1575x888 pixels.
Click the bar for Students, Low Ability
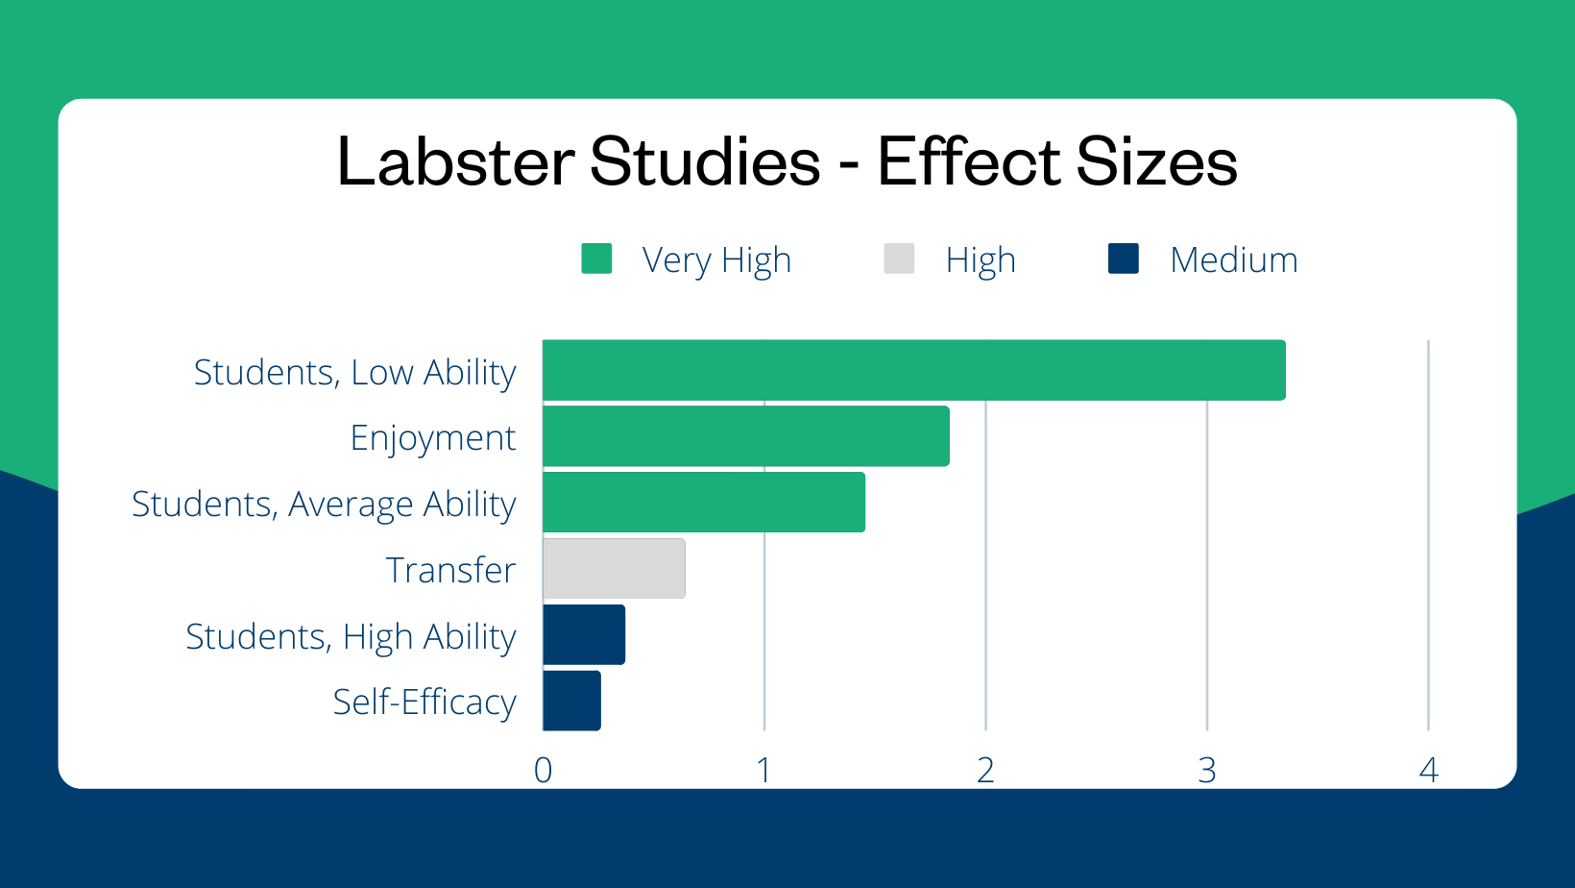point(913,370)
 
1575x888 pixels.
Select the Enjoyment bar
point(745,436)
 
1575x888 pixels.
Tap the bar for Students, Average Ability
point(703,502)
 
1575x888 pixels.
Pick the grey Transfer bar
point(614,568)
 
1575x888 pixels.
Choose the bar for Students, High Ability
point(584,634)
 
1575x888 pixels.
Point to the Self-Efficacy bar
point(571,701)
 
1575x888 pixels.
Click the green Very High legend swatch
point(596,259)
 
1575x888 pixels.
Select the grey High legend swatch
point(899,259)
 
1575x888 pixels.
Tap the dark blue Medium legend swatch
point(1123,259)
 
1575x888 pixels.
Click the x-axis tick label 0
point(543,770)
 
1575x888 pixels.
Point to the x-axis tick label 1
point(763,770)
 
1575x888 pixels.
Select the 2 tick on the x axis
point(985,770)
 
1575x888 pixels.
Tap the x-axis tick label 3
point(1207,770)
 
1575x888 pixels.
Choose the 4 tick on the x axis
point(1428,770)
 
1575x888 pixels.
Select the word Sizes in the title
point(1156,161)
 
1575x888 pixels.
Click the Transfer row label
point(450,570)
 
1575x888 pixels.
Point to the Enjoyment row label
point(432,438)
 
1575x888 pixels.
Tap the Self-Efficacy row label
point(424,703)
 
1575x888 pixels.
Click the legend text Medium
point(1233,260)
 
